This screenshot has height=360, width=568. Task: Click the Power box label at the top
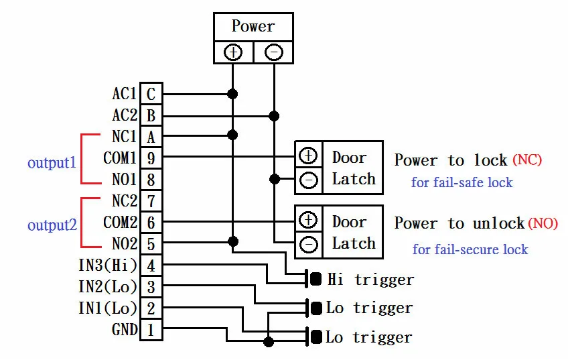tap(253, 27)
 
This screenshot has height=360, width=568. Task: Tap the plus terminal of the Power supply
tap(233, 52)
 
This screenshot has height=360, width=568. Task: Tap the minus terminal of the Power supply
tap(274, 52)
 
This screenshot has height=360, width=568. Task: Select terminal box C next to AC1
tap(151, 95)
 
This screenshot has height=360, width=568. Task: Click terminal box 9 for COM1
tap(151, 158)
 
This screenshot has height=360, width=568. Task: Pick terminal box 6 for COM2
tap(151, 223)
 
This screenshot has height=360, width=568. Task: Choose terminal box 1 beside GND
tap(151, 329)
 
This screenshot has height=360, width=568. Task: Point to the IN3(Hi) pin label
tap(107, 265)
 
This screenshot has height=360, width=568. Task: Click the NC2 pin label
tap(124, 201)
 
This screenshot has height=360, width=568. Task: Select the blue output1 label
tap(52, 163)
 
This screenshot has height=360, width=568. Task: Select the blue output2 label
tap(52, 225)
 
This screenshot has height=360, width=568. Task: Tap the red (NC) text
tap(527, 160)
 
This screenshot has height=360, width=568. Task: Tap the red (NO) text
tap(543, 223)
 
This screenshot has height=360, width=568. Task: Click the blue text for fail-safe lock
tap(461, 182)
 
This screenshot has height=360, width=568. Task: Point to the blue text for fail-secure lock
tap(470, 249)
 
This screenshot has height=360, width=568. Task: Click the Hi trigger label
tap(370, 280)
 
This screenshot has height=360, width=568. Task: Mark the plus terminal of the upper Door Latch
tap(308, 156)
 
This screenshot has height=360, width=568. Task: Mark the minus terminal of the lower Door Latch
tap(308, 245)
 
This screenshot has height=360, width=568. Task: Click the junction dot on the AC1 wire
tap(233, 94)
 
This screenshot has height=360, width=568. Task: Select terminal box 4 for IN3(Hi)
tap(151, 265)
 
